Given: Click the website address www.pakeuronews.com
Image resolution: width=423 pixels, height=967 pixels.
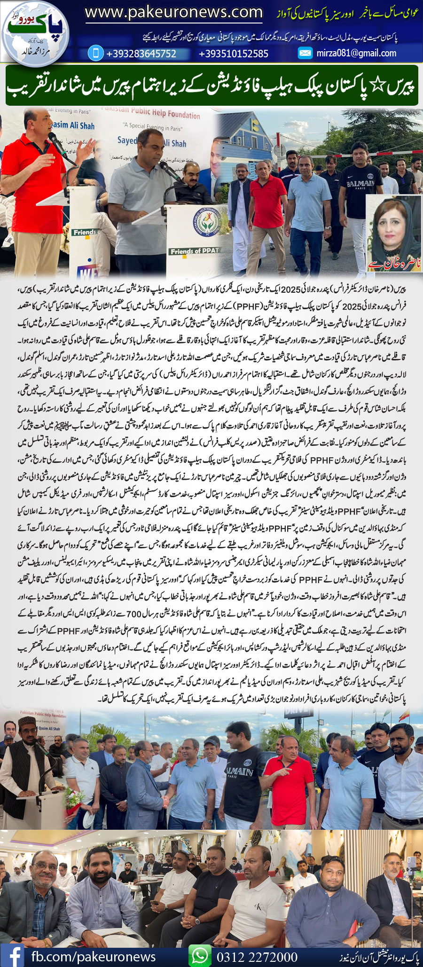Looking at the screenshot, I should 173,12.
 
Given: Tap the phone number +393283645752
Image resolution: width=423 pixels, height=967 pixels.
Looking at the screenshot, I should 141,54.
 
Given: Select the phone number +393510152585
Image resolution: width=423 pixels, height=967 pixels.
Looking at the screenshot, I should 234,54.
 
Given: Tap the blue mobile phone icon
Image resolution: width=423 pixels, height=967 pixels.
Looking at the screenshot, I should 96,53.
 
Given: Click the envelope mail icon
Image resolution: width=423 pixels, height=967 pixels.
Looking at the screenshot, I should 305,53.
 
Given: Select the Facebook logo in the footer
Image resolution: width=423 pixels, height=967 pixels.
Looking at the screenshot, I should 13,956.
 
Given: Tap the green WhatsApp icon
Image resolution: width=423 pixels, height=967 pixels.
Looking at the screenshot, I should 200,956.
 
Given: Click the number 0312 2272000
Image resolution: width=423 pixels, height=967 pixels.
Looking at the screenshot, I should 257,957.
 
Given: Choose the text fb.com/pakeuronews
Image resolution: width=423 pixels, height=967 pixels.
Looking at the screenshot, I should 94,957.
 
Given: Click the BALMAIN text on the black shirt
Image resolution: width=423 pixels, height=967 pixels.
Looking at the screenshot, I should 360,183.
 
